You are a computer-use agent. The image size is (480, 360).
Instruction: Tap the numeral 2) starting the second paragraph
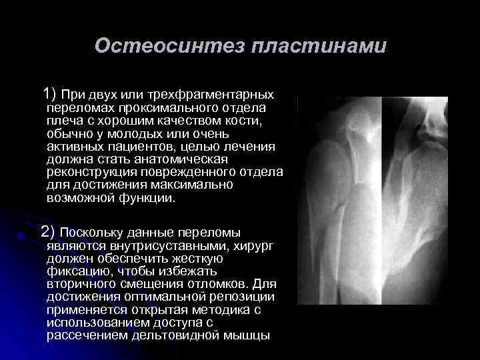click(x=49, y=232)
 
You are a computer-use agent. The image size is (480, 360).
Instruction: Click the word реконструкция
click(x=93, y=173)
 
